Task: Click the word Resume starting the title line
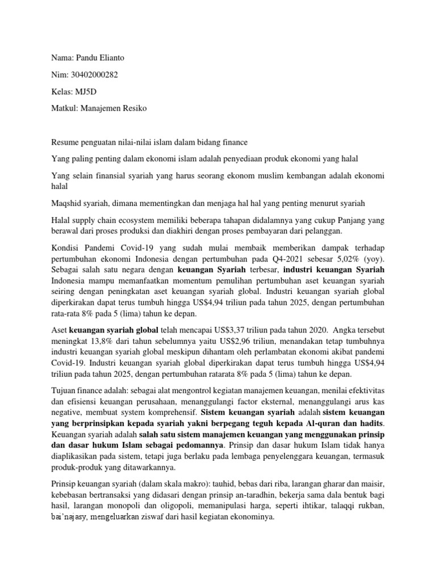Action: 65,142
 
